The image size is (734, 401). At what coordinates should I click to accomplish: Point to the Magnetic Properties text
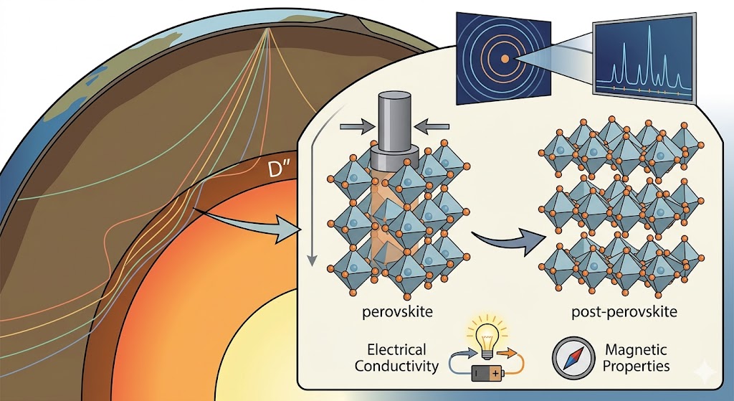637,358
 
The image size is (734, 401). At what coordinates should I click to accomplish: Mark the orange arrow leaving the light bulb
507,352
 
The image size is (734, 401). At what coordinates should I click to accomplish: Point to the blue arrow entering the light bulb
459,352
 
